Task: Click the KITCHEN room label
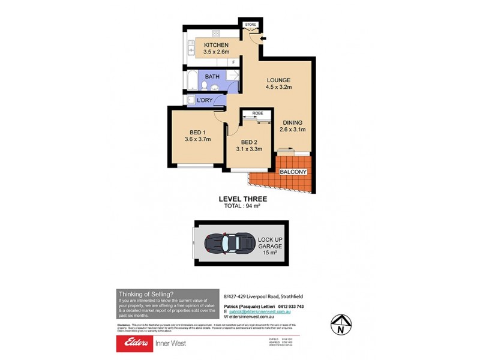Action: click(x=216, y=45)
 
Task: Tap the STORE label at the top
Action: click(x=251, y=25)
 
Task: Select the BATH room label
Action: click(x=212, y=77)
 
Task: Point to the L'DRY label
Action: click(x=206, y=100)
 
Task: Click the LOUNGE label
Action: click(x=278, y=80)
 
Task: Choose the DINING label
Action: click(x=293, y=122)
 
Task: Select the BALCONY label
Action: click(x=293, y=172)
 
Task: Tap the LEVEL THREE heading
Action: click(x=243, y=199)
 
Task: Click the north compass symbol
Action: click(x=340, y=325)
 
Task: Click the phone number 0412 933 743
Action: click(x=287, y=306)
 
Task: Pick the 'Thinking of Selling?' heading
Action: click(x=146, y=293)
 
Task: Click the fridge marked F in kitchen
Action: click(x=233, y=62)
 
